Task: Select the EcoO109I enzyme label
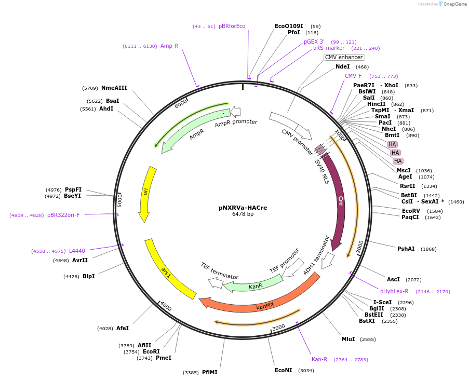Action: coord(289,26)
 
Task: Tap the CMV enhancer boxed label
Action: coord(344,58)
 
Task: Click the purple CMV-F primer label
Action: coord(353,76)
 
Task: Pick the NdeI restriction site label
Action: coord(342,67)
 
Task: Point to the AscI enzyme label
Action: coord(393,279)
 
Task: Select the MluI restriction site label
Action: coord(348,339)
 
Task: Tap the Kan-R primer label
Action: coord(319,359)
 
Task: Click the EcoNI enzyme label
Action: coord(283,370)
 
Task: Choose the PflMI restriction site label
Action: coord(209,372)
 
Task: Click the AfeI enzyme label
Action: coord(122,328)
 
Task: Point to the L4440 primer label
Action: coord(77,251)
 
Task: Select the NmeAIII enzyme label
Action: coord(114,88)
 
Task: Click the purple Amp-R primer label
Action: coord(169,46)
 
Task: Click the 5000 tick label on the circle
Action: coord(119,199)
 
